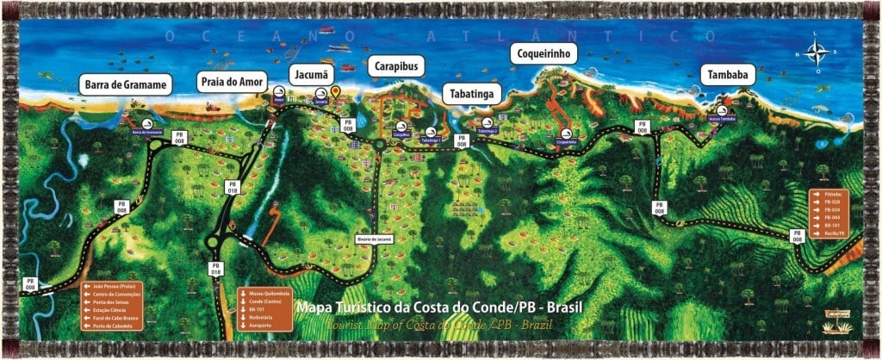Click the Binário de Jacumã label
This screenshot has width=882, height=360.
tap(374, 238)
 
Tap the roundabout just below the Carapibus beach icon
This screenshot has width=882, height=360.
tap(379, 145)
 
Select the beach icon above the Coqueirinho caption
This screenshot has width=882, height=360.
tap(566, 133)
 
